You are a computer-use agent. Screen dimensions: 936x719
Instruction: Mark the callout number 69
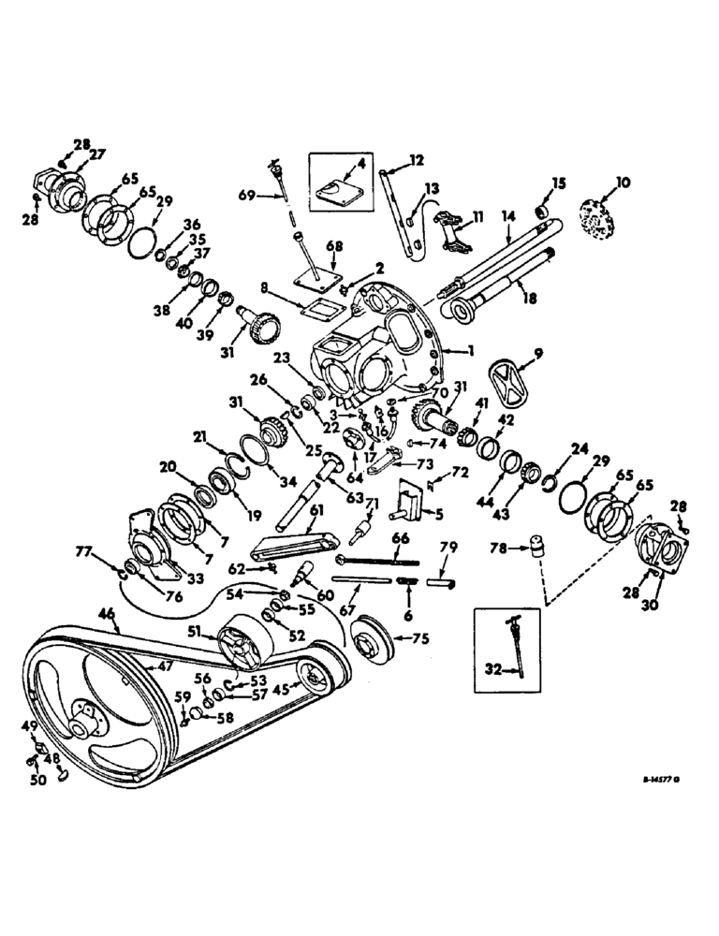[x=247, y=194]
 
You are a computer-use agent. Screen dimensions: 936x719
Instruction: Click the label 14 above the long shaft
[x=508, y=216]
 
